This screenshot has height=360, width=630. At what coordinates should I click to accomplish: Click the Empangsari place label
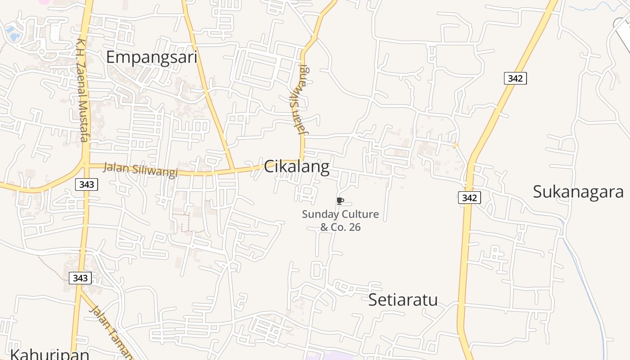tap(152, 58)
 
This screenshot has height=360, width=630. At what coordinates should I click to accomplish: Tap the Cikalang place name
tap(297, 167)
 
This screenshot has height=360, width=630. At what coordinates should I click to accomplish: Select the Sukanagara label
tap(578, 192)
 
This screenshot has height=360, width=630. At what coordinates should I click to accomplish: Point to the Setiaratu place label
tap(403, 300)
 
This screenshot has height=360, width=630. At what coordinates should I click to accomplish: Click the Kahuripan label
tap(49, 354)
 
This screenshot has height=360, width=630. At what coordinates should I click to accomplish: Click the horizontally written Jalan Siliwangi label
tap(140, 169)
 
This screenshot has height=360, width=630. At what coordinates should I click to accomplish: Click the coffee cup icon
tap(340, 201)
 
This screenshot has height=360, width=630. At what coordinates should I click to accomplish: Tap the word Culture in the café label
tap(360, 214)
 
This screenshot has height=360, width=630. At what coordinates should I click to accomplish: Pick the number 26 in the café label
tap(355, 227)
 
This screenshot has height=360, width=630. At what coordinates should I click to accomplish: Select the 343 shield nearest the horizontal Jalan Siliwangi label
tap(86, 184)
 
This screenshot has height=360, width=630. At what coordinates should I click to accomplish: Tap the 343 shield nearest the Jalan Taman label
tap(80, 278)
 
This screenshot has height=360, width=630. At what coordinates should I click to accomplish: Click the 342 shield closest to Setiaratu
tap(469, 197)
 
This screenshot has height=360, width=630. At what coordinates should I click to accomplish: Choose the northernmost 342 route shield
tap(515, 78)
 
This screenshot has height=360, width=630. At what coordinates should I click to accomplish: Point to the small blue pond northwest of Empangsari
tap(11, 32)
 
